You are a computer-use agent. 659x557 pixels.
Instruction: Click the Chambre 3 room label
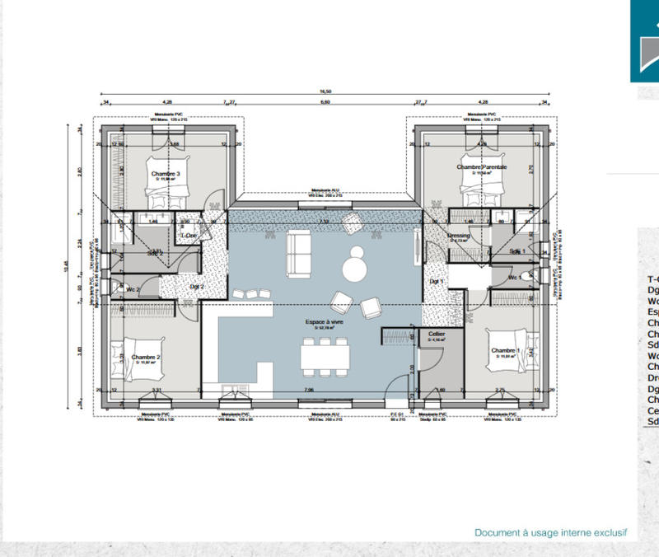pyautogui.click(x=166, y=174)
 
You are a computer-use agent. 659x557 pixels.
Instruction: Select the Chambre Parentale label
pyautogui.click(x=482, y=167)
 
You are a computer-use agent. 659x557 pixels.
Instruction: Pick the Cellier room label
pyautogui.click(x=437, y=334)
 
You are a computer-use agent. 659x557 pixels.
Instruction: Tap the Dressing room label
pyautogui.click(x=458, y=236)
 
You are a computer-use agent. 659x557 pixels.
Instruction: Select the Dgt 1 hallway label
pyautogui.click(x=436, y=282)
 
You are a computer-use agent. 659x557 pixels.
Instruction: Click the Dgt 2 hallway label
pyautogui.click(x=197, y=286)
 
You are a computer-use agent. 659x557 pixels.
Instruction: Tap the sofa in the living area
pyautogui.click(x=298, y=253)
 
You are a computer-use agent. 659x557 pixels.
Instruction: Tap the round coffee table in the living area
pyautogui.click(x=356, y=267)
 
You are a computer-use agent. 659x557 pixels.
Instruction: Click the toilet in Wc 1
pyautogui.click(x=526, y=277)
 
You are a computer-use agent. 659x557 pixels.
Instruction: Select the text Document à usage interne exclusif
pyautogui.click(x=550, y=533)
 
